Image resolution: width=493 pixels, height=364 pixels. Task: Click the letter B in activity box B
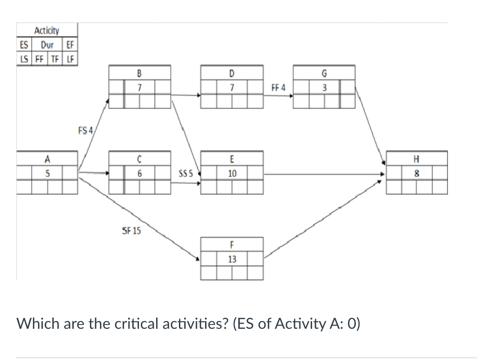[139, 73]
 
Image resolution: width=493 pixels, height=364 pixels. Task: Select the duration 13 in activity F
[232, 259]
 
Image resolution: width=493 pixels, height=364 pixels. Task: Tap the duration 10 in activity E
[232, 174]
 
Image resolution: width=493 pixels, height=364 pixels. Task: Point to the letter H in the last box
[417, 159]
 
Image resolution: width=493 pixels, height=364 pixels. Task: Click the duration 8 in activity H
[417, 174]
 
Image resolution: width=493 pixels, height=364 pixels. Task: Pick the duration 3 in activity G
[324, 88]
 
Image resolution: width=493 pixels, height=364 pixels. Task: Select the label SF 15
[131, 231]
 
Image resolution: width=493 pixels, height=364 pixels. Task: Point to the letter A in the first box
[47, 159]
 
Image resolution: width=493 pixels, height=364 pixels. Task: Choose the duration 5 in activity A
[47, 174]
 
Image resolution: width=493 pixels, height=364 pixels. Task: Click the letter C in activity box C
[139, 159]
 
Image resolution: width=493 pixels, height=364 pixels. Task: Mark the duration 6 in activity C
[139, 174]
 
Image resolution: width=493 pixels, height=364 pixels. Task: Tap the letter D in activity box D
[232, 73]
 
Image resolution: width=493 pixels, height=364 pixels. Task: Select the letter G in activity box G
[324, 73]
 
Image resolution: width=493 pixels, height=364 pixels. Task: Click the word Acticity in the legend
[47, 31]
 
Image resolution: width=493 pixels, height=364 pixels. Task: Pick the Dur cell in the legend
[47, 45]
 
